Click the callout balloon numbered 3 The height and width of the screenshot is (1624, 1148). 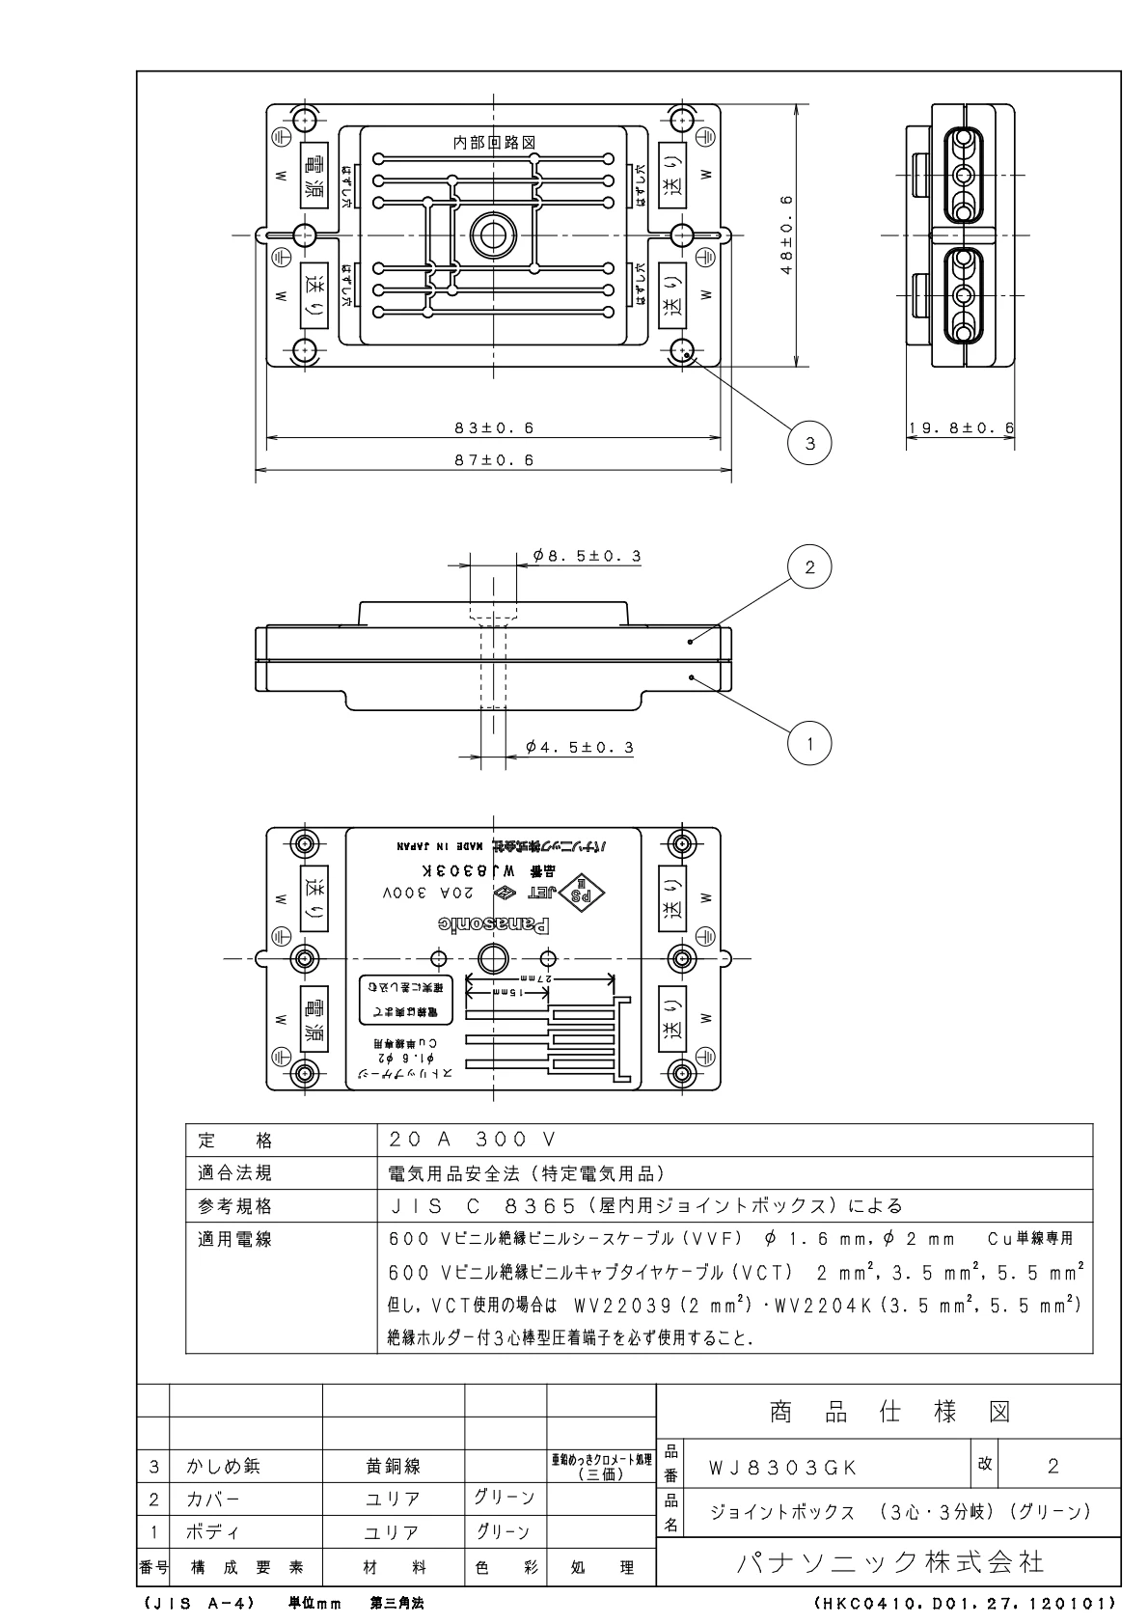[x=809, y=443]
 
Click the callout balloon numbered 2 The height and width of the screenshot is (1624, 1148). [x=809, y=567]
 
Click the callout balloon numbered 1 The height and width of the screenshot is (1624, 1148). [x=809, y=743]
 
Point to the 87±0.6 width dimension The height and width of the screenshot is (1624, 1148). [x=494, y=460]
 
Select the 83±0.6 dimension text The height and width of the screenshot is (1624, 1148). [x=494, y=427]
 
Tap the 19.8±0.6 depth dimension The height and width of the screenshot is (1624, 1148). [x=961, y=427]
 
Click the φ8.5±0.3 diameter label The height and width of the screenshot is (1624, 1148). [x=587, y=557]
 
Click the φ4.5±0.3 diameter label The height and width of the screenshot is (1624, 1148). [x=580, y=747]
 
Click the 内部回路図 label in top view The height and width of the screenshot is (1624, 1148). [x=494, y=142]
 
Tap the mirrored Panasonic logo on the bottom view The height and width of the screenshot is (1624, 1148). [x=494, y=923]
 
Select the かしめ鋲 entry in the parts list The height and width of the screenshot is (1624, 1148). [x=223, y=1467]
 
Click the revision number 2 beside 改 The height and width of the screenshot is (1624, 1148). [x=1053, y=1467]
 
